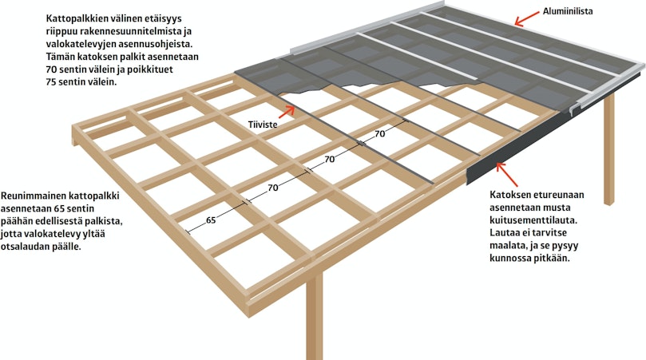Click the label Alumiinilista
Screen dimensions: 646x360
(x=567, y=11)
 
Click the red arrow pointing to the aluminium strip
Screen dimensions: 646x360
(x=527, y=19)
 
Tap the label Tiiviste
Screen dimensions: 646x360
(x=263, y=124)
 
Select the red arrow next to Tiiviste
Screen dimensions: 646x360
(x=288, y=111)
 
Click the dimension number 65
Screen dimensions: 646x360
(x=211, y=220)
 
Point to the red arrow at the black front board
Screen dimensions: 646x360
(x=506, y=174)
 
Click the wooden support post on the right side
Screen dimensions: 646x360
(x=608, y=148)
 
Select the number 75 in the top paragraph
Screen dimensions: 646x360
(x=52, y=82)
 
